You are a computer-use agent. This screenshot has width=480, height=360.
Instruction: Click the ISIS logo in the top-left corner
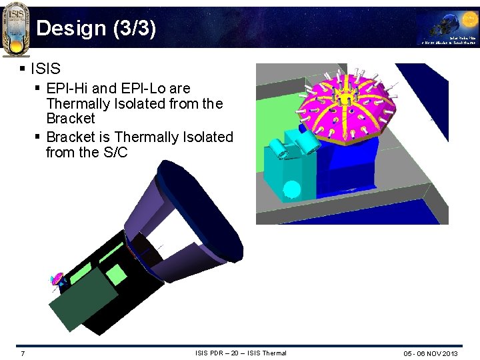point(15,28)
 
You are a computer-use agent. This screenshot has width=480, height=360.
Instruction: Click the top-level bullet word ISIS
point(45,68)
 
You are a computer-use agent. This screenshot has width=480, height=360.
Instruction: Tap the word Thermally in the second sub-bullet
point(147,137)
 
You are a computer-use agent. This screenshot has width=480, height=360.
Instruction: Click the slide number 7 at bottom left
point(23,353)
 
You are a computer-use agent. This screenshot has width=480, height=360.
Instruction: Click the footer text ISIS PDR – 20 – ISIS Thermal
point(240,353)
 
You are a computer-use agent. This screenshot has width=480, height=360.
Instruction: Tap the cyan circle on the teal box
point(291,190)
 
